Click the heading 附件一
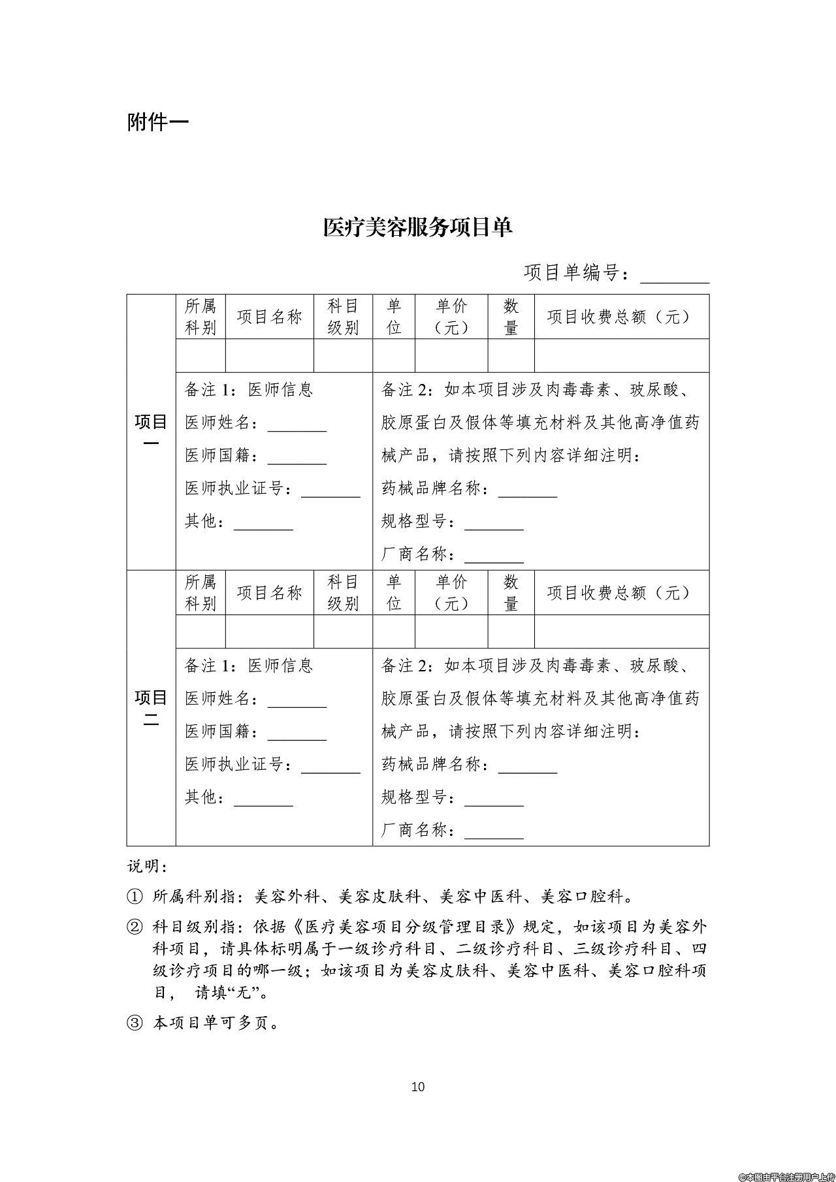point(157,121)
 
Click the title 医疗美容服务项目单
point(417,227)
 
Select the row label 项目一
point(151,432)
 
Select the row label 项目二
point(151,707)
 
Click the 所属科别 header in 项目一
point(201,317)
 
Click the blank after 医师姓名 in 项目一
point(297,424)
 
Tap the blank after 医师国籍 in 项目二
point(297,733)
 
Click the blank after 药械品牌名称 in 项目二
point(528,767)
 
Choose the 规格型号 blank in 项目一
point(494,523)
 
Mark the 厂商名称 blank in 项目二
point(494,832)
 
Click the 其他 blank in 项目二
point(263,799)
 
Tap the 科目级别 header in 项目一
point(343,317)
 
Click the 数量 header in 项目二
point(511,593)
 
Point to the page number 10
point(418,1087)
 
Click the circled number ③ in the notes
point(134,1023)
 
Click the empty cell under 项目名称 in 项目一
point(269,356)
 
